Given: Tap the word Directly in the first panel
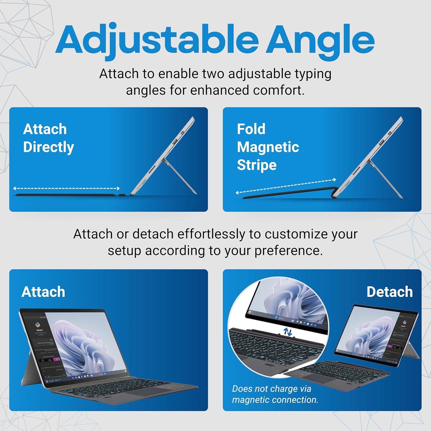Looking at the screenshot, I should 49,147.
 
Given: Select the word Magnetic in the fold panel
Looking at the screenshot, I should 268,147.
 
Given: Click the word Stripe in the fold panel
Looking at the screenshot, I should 257,165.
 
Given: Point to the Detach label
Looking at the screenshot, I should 389,292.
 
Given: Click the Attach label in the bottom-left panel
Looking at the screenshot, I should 43,292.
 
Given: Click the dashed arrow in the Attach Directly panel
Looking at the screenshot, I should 66,188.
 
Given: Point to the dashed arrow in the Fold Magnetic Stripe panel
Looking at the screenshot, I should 286,186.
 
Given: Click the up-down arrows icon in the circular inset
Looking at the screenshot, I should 288,332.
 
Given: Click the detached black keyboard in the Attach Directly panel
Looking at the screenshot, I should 66,195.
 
